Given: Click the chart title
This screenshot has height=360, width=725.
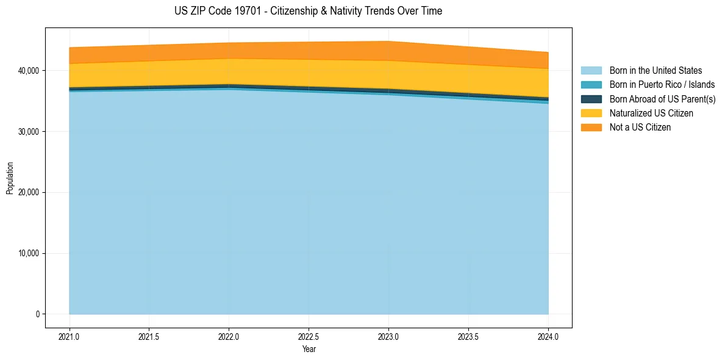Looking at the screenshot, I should coord(308,11).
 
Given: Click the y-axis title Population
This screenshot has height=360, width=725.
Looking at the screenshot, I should coord(10,178).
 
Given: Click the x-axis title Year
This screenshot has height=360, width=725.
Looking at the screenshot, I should coord(309,350).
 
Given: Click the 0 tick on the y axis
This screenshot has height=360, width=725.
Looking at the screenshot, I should coord(37,314).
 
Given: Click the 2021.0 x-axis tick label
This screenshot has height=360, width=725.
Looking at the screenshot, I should coord(70,336).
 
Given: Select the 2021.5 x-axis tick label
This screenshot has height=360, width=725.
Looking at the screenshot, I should coord(149,336).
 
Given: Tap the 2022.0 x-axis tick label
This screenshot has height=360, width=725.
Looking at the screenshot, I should coord(229,336).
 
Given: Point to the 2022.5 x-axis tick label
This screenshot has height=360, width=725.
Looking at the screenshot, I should coord(309,336).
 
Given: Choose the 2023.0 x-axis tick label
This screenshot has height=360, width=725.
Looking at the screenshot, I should coord(388,336).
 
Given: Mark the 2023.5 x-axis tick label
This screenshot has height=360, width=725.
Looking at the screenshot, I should coord(468,336).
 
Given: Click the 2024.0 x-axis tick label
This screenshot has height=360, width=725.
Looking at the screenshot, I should coord(548,336).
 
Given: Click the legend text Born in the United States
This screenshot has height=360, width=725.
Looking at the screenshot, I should coord(655,71).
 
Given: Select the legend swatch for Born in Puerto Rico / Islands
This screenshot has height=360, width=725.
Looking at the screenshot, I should coord(591,85).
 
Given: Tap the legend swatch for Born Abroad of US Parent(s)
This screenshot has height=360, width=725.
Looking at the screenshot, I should coord(591,99).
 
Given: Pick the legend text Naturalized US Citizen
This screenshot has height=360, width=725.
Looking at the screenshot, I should coord(651,113).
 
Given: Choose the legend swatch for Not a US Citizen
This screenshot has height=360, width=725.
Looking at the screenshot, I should coord(591,128).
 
